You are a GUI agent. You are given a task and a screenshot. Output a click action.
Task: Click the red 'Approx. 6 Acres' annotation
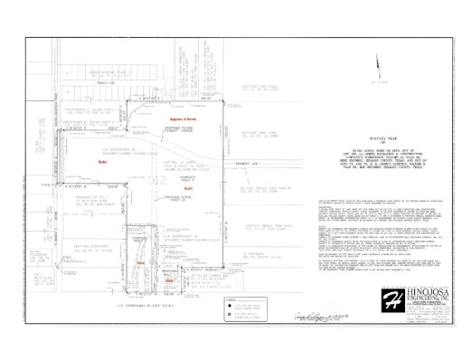tap(184, 119)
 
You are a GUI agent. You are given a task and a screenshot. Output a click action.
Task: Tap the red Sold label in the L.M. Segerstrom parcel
tap(101, 160)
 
